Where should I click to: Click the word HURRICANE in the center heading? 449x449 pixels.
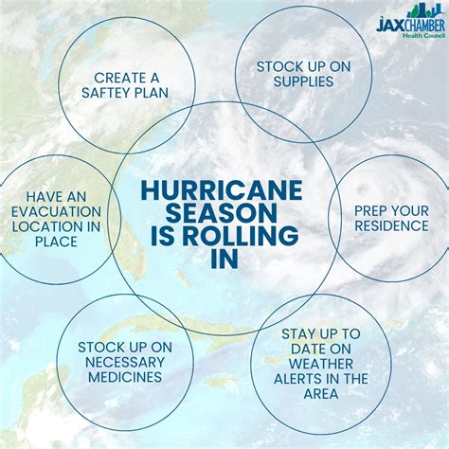point(222,190)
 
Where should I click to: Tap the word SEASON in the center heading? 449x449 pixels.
point(222,213)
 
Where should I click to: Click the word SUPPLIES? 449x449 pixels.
point(303,81)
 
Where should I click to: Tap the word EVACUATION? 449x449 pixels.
point(57,212)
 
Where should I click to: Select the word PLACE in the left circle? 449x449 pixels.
point(56,242)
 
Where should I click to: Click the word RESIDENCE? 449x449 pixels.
point(391,226)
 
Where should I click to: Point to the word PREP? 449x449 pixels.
point(370,211)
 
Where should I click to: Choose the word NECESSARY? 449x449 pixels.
point(125,363)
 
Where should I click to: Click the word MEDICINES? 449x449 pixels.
point(125,377)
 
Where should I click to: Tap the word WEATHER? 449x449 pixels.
point(321,364)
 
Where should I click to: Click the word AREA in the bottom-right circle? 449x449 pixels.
point(321,394)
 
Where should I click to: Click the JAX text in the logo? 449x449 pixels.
point(389,25)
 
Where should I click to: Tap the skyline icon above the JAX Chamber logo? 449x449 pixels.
point(423,11)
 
